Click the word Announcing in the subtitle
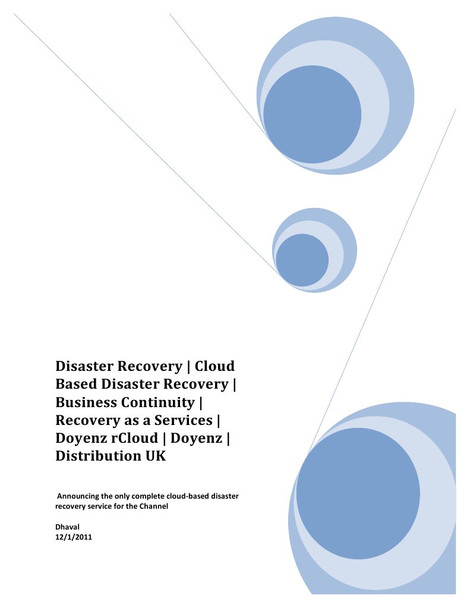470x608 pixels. pos(79,496)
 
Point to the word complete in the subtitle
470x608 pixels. pos(146,496)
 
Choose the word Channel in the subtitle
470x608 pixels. pos(154,506)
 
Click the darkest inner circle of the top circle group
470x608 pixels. pos(312,114)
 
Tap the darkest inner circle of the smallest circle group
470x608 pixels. pos(302,260)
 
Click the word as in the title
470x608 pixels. pos(119,421)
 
